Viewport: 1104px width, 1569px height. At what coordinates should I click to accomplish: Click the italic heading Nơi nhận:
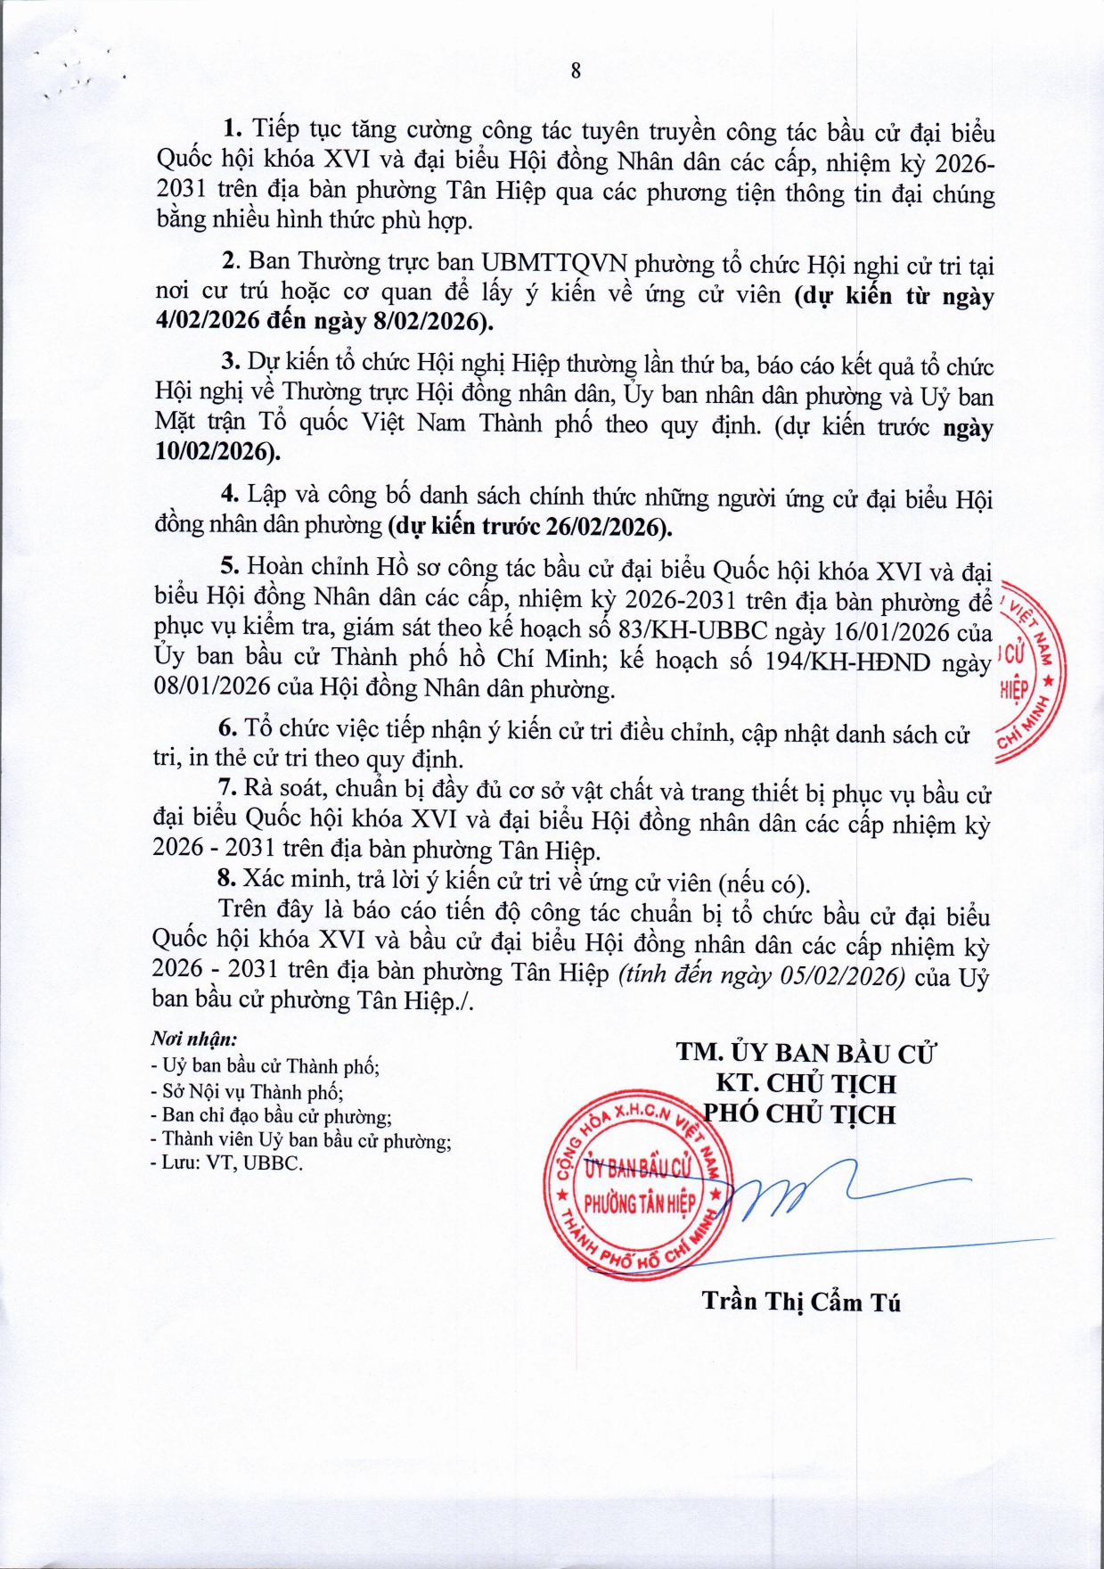pyautogui.click(x=193, y=1039)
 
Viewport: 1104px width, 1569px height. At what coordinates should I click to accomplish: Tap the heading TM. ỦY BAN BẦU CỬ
pyautogui.click(x=806, y=1053)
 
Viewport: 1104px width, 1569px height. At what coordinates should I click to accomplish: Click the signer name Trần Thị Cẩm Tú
pyautogui.click(x=801, y=1302)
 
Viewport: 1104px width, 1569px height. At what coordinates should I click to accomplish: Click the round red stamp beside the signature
pyautogui.click(x=638, y=1183)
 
